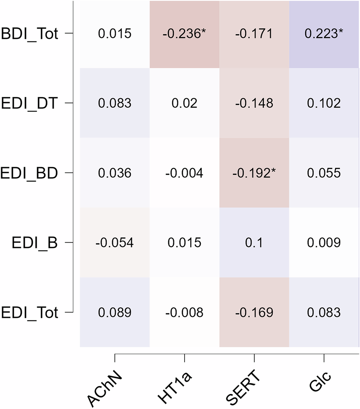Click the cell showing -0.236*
(x=184, y=34)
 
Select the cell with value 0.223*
(x=324, y=34)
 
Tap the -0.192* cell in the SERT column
(x=254, y=173)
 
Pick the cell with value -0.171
(x=254, y=34)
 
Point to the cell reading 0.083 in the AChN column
(x=114, y=103)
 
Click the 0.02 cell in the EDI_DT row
(x=184, y=103)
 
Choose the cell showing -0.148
(x=254, y=103)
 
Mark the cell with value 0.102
(x=324, y=103)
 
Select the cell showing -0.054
(x=114, y=243)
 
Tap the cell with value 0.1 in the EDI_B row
(x=254, y=243)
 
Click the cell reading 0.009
(x=324, y=243)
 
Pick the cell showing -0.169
(x=254, y=312)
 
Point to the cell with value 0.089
(x=114, y=312)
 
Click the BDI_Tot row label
(x=29, y=34)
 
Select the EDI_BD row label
(x=29, y=173)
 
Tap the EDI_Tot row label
(x=29, y=313)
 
